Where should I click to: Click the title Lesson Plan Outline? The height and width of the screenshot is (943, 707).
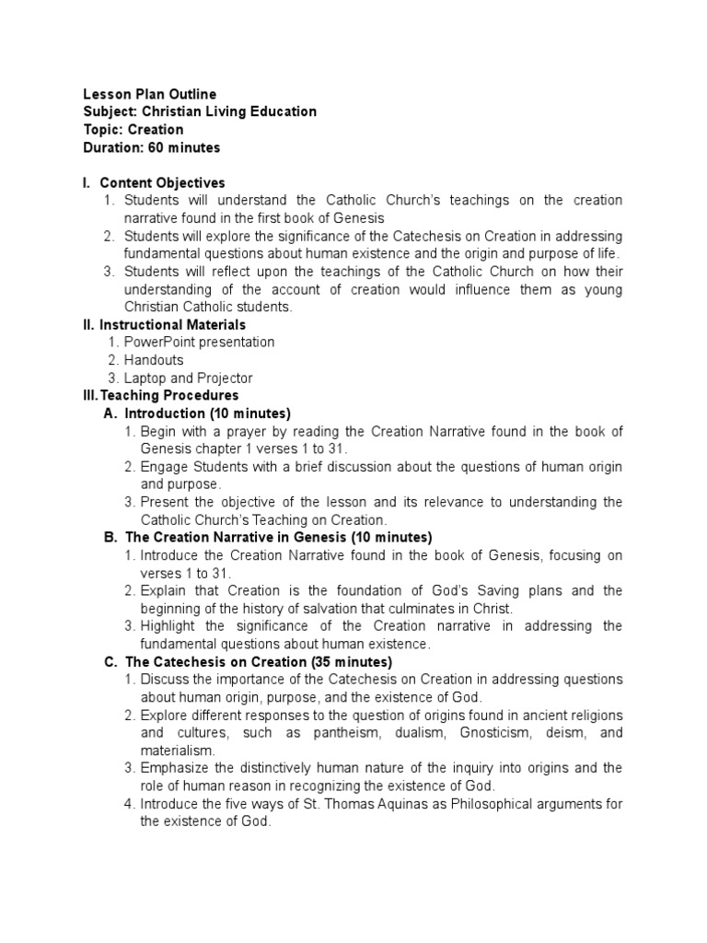(x=150, y=94)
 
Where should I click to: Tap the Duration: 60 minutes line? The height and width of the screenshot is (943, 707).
(x=152, y=147)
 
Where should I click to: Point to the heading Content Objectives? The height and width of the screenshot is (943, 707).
(x=162, y=182)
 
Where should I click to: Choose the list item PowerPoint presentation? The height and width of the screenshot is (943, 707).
(x=199, y=342)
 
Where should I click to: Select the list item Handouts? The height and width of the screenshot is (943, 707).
(x=154, y=360)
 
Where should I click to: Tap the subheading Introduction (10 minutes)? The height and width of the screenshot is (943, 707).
(x=207, y=413)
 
